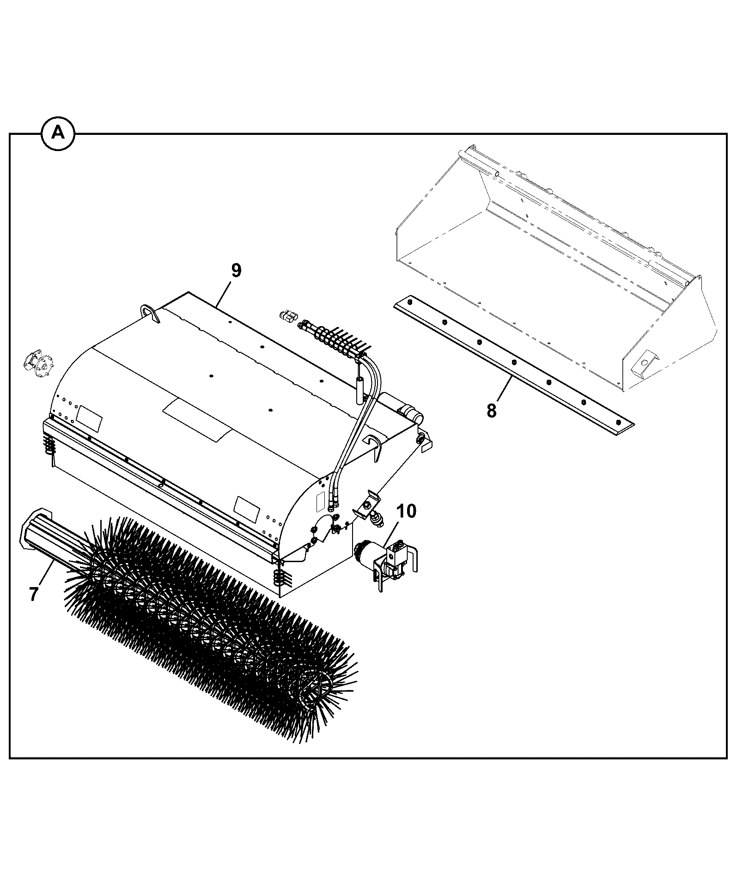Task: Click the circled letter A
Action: pos(58,133)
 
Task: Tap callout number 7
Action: pos(33,594)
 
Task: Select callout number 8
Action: pos(491,410)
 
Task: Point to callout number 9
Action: pos(236,270)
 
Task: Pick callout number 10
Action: pos(406,511)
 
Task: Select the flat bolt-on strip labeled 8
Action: pos(513,365)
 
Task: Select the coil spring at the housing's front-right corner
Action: pos(280,577)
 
